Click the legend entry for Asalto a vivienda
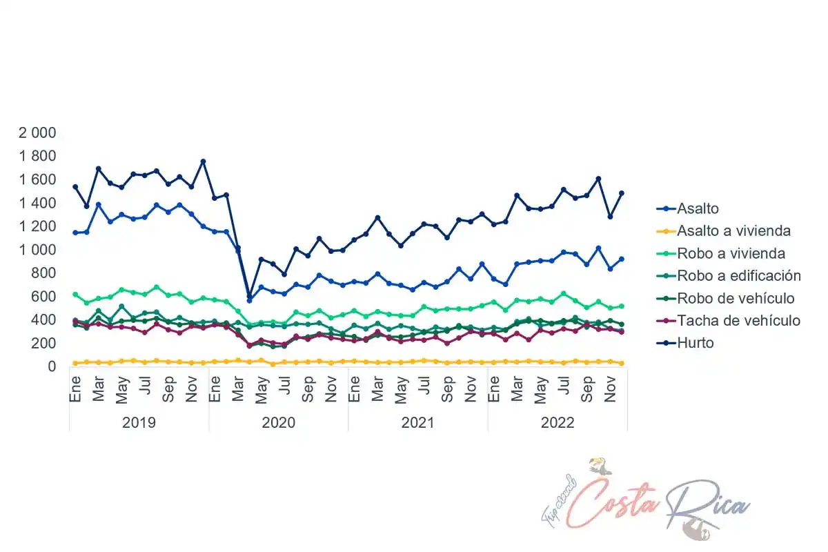pos(733,231)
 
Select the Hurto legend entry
pos(695,343)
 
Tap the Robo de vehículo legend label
pos(736,298)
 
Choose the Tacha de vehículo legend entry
pos(738,320)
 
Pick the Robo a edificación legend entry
pos(738,276)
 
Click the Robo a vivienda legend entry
pos(731,253)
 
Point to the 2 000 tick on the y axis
pos(37,132)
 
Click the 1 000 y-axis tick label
pos(37,250)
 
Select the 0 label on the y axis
pos(52,366)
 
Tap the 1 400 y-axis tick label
pos(37,203)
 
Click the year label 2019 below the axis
pos(139,422)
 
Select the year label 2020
pos(278,422)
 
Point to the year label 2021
pos(417,422)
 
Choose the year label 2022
pos(557,422)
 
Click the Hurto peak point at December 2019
pos(203,161)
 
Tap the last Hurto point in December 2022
pos(621,193)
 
